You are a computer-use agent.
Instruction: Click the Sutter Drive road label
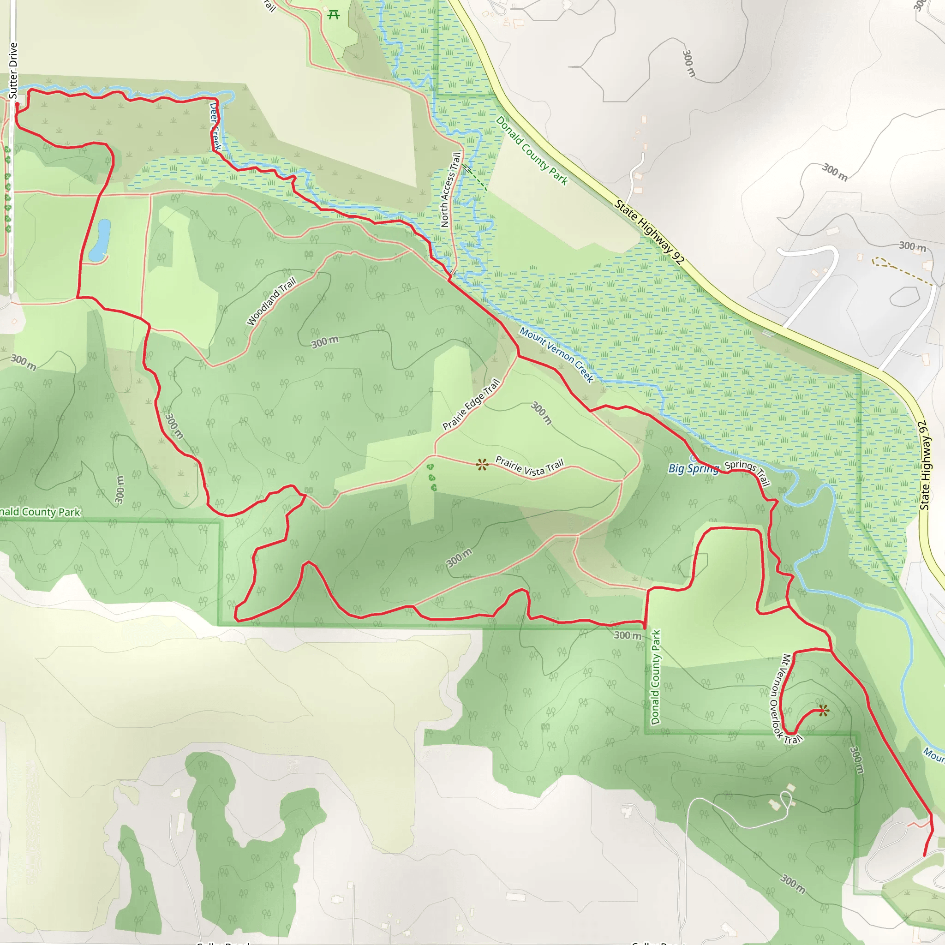tap(13, 71)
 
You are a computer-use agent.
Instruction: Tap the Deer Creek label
tap(215, 126)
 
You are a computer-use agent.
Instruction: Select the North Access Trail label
tap(450, 190)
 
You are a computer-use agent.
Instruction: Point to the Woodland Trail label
tap(271, 301)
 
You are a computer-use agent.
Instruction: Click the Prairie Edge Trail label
tap(471, 405)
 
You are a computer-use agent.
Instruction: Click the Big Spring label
tap(693, 469)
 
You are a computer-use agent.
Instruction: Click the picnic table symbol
tap(334, 15)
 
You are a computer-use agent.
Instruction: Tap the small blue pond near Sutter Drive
tap(100, 239)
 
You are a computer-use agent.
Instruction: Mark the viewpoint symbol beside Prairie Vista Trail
tap(482, 464)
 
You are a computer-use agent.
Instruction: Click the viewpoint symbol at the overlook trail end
tap(823, 711)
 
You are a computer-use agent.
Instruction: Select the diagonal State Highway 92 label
tap(649, 232)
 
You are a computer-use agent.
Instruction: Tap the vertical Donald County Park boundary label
tap(655, 677)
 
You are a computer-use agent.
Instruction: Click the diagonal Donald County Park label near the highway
tap(532, 150)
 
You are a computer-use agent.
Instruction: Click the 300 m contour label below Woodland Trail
tap(325, 341)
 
